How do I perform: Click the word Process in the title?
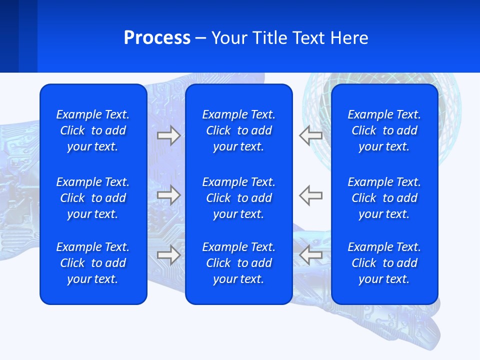click(x=157, y=38)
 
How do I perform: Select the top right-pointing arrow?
click(x=168, y=135)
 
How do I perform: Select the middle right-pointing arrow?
click(x=168, y=195)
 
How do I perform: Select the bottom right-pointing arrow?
click(x=168, y=255)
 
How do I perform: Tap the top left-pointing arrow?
click(x=310, y=135)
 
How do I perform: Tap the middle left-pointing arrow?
click(x=310, y=195)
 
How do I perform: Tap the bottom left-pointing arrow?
click(x=310, y=255)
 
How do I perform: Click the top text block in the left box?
click(x=93, y=130)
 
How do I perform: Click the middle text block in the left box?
click(x=93, y=198)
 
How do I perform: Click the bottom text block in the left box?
click(x=93, y=263)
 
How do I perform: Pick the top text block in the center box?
click(x=238, y=130)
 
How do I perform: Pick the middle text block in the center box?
click(x=238, y=198)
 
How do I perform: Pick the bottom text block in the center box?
click(x=238, y=263)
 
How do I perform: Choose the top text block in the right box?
click(x=384, y=130)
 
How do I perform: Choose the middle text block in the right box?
click(x=384, y=198)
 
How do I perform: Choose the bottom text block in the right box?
click(x=384, y=263)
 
